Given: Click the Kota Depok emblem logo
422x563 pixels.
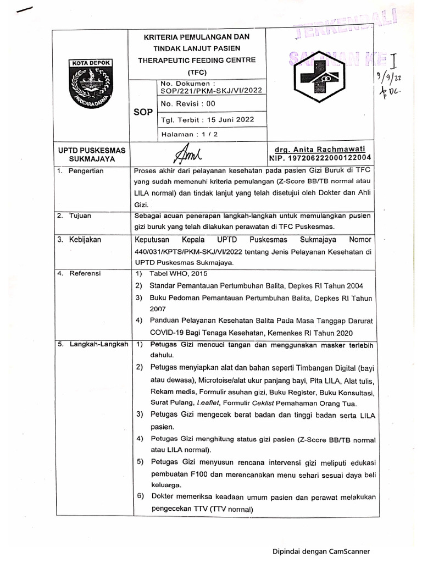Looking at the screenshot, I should (90, 83).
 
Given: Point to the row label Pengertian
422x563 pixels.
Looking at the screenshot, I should (85, 171).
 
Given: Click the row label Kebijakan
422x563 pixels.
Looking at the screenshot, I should (85, 240).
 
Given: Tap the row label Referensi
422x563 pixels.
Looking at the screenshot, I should (85, 274).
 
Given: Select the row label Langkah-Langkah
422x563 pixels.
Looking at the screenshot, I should (97, 344).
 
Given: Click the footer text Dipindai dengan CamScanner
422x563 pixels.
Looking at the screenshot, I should (321, 551).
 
